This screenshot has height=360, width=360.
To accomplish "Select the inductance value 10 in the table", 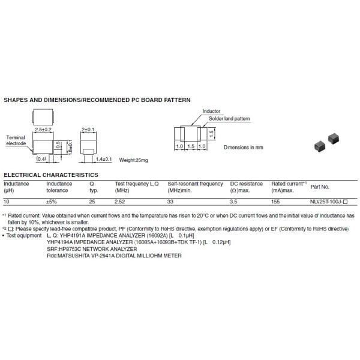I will coord(7,202).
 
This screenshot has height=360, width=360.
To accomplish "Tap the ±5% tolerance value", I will coord(52,202).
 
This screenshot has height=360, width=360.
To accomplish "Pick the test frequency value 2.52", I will coord(121,202).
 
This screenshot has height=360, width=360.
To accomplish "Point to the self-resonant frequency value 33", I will coord(171,202).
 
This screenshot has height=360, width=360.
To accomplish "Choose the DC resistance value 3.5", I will coord(235,202).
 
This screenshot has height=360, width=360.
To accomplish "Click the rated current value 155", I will coord(276,202).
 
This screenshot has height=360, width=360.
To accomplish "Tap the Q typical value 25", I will coord(92,202).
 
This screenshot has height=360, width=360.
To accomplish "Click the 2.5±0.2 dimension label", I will coord(45,130).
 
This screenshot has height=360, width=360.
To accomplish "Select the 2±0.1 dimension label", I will coord(88,130).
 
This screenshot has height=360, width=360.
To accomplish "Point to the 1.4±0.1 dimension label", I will coord(103,160).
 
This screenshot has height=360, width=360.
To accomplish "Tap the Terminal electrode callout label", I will coord(16,141).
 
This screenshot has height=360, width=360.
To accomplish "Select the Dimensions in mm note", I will coord(244,146).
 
